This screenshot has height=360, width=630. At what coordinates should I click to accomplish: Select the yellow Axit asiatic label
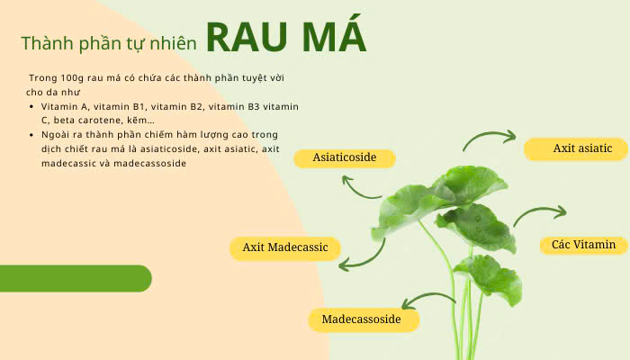point(581,148)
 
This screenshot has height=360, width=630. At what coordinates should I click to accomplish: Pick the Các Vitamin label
point(583,244)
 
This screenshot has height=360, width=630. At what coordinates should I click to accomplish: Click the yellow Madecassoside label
point(360,319)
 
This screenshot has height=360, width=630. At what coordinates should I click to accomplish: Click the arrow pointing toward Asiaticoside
point(361,187)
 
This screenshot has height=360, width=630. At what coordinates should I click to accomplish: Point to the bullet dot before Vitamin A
point(32,107)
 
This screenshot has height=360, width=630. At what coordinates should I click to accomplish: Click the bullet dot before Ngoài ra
point(32,135)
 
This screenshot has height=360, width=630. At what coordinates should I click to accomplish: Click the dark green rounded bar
point(76,278)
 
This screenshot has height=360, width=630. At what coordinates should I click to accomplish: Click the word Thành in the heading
point(44,43)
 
